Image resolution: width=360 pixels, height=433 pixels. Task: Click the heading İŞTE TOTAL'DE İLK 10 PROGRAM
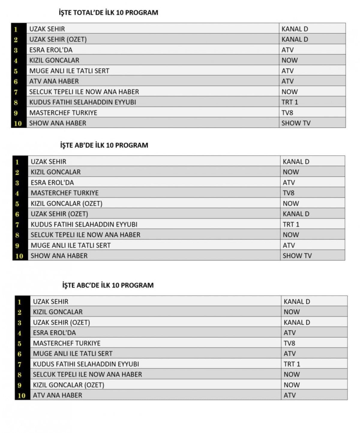[108, 13]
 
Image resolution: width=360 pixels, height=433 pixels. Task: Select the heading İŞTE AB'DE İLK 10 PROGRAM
[104, 145]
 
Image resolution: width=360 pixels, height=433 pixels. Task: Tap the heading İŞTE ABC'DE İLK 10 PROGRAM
[108, 285]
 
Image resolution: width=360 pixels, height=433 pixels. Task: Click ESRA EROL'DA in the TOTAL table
[51, 50]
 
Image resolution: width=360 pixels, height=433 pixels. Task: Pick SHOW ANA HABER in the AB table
[59, 256]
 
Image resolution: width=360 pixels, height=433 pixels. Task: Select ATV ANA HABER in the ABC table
[57, 395]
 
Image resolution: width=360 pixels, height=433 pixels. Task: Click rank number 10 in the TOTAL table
[18, 123]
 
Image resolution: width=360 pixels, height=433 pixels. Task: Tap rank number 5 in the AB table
[17, 204]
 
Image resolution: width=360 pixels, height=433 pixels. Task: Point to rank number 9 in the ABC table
[19, 385]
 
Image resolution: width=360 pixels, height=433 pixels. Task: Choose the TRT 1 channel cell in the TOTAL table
[290, 102]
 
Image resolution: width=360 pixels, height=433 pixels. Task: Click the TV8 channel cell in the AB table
[289, 193]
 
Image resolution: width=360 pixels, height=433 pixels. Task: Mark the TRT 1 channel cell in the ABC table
[292, 364]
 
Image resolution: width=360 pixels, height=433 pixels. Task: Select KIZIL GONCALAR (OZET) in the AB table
[66, 204]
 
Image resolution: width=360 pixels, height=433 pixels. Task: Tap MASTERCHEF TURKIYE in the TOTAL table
[63, 113]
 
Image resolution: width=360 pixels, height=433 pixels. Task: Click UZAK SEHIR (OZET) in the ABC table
[61, 322]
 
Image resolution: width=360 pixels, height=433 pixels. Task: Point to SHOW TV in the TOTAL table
[296, 123]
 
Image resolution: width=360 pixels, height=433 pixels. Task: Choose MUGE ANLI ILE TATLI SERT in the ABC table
[73, 354]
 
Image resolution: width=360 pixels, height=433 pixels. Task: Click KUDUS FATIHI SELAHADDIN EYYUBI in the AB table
[84, 225]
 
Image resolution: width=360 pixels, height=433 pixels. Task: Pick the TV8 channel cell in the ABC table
[289, 343]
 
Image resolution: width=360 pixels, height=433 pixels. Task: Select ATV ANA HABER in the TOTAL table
[54, 81]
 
